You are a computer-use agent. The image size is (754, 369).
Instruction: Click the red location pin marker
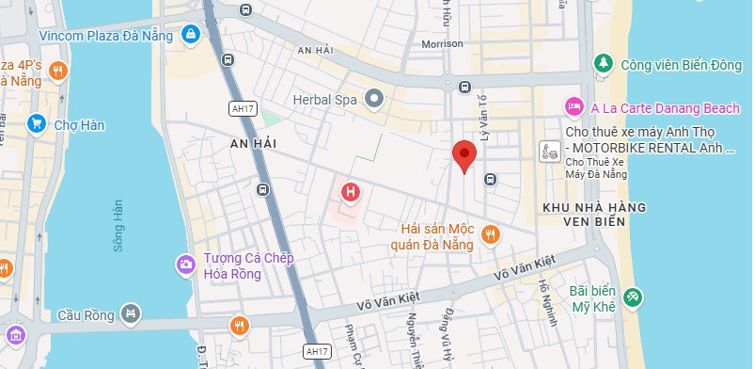463,155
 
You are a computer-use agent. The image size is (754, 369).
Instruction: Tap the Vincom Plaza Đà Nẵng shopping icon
192,35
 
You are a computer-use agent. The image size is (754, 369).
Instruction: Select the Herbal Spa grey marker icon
374,98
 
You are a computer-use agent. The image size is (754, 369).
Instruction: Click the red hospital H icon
351,193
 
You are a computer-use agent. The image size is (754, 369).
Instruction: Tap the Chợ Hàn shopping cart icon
37,122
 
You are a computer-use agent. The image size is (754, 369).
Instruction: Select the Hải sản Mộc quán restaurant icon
489,234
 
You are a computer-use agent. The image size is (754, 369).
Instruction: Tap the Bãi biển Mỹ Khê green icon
635,297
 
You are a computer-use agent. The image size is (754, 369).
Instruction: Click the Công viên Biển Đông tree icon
603,63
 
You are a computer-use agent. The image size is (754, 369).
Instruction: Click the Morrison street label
442,43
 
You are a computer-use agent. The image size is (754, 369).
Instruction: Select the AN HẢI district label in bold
249,142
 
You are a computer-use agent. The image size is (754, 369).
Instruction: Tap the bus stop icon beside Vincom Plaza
227,58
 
